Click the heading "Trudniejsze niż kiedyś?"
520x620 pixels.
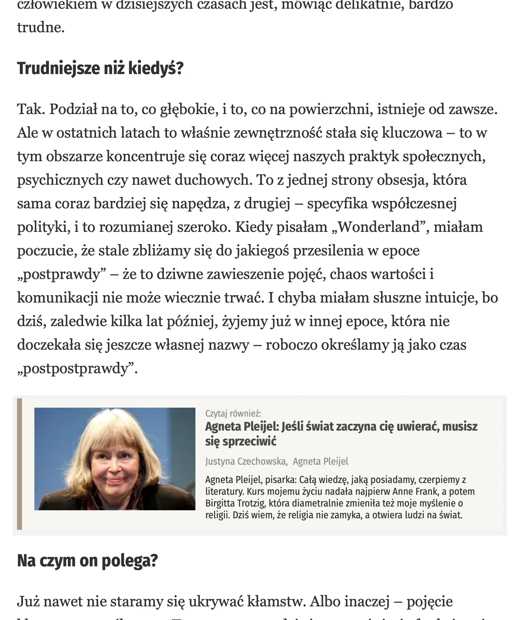point(100,69)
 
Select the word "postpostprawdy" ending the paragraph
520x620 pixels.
point(77,369)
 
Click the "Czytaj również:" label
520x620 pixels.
point(233,413)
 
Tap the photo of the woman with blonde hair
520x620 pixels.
point(115,459)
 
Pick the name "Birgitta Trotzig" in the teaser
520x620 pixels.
point(236,503)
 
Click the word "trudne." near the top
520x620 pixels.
point(41,28)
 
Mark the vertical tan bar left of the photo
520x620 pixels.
point(20,464)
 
